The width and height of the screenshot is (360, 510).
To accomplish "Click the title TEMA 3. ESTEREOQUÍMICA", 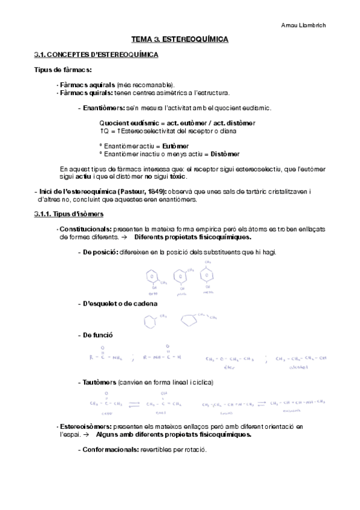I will point(180,40).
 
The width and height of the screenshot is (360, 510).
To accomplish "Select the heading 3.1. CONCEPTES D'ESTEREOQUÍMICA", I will point(96,55).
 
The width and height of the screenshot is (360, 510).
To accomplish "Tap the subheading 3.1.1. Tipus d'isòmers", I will point(69,214).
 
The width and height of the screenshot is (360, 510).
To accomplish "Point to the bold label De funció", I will point(97,334).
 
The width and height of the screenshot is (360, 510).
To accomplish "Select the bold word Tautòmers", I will point(99,382).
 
